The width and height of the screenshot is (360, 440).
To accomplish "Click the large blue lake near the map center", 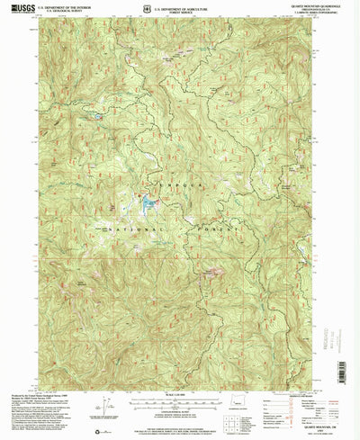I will tap(144, 206).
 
